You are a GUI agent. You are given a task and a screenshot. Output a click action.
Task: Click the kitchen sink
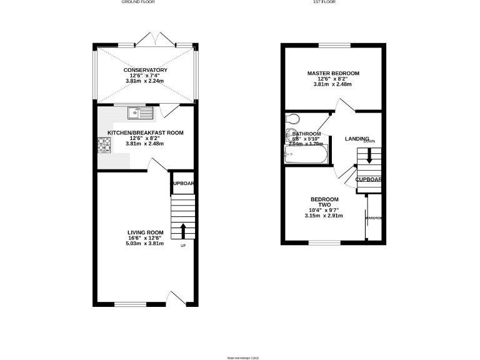(x=141, y=113)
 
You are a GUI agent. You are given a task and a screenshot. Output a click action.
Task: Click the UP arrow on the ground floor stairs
(x=183, y=231)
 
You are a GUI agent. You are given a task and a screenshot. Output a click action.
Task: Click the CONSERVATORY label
(x=144, y=69)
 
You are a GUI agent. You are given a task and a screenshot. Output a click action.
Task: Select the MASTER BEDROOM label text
(x=333, y=73)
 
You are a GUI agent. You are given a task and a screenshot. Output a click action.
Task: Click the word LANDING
(x=357, y=139)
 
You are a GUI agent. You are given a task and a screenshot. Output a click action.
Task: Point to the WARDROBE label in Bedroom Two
(x=374, y=217)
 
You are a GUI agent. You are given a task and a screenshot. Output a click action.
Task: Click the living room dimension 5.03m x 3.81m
(x=144, y=244)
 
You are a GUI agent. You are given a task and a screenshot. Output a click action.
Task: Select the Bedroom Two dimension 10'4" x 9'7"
(x=324, y=211)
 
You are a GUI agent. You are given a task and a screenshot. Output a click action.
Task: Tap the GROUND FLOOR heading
(x=137, y=2)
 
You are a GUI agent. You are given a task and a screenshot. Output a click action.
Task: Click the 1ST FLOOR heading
(x=324, y=2)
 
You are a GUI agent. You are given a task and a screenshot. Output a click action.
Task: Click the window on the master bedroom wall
(x=334, y=45)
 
